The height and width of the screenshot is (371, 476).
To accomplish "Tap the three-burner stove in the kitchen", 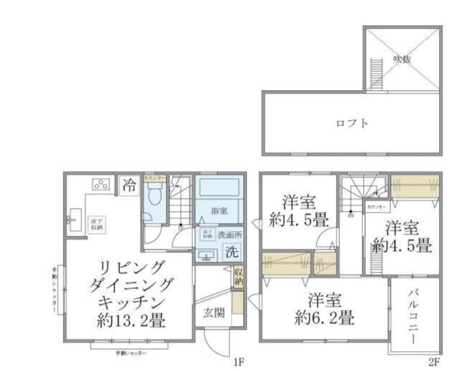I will (x=101, y=184).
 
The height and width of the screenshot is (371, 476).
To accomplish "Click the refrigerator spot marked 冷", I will (x=129, y=185).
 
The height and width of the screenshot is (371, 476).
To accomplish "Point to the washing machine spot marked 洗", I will (x=232, y=253).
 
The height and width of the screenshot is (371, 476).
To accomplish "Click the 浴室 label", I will (x=219, y=211).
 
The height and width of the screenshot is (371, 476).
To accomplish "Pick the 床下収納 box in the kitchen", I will (x=96, y=225).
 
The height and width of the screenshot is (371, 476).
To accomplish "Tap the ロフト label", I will (x=352, y=123).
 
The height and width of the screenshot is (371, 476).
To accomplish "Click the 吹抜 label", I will (x=401, y=58).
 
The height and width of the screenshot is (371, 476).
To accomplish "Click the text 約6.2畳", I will (x=324, y=318).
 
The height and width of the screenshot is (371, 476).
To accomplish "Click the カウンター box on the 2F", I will (x=377, y=207).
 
